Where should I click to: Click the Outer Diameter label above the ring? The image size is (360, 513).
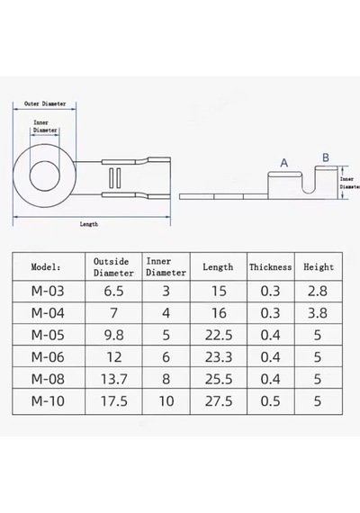[x=45, y=103]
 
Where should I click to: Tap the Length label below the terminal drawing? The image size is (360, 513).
[x=89, y=224]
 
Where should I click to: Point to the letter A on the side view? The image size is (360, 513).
[x=284, y=163]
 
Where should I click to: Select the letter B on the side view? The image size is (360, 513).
[x=325, y=157]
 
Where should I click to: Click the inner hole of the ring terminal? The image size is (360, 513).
[x=45, y=176]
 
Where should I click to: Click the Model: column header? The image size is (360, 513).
[x=46, y=267]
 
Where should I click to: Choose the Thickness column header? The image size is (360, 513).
[x=270, y=267]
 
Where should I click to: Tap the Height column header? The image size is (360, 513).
[x=319, y=267]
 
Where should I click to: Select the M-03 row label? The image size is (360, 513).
[x=48, y=291]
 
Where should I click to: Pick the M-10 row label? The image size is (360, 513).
[x=48, y=401]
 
